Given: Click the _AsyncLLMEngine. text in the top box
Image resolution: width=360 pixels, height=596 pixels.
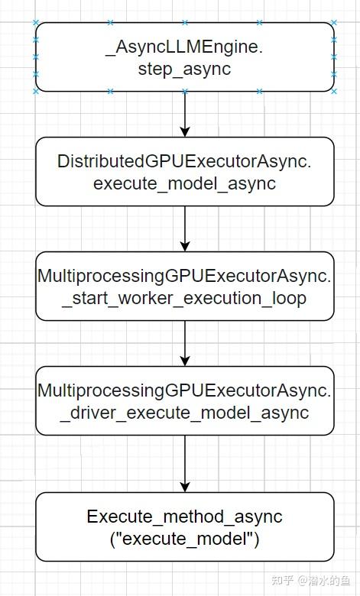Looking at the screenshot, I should coord(184,47).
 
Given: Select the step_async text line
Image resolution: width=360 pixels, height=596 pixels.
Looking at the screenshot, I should coord(184,69).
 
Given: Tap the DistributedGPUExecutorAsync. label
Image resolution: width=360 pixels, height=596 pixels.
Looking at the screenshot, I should coord(184,161).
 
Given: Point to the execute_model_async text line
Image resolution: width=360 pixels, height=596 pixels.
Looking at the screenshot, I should coord(184,183).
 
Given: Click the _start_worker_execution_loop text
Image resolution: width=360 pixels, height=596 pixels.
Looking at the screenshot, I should coord(184,298).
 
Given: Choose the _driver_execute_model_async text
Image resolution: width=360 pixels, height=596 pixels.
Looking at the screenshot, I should coord(184,413).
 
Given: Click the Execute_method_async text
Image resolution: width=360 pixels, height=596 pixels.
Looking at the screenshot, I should coord(184,517).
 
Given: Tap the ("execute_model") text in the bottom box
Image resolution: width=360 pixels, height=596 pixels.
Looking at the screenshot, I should coord(184,539).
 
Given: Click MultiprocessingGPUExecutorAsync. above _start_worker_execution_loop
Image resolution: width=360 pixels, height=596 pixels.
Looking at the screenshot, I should coord(184,276).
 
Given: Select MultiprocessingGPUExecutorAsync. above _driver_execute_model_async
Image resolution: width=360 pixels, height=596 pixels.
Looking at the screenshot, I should coord(184,390).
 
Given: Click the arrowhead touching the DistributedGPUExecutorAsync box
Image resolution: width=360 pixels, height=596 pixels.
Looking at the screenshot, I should coord(184,132).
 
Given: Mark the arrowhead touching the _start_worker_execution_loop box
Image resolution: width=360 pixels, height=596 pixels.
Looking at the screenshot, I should coord(184,247).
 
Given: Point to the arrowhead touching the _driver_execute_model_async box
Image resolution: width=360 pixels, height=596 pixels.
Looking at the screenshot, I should coord(184,361).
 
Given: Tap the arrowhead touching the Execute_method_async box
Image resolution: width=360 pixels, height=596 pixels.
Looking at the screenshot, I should coord(184,487).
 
